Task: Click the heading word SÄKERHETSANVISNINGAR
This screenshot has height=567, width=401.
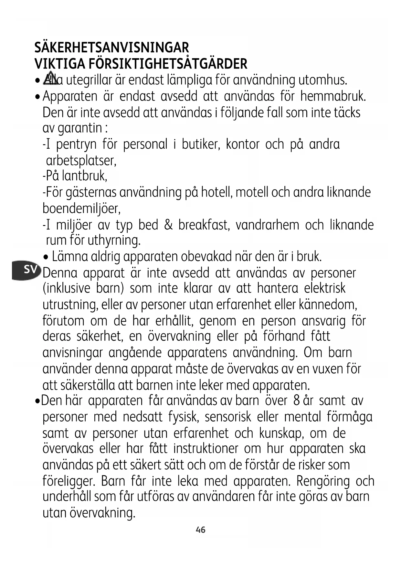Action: (x=111, y=48)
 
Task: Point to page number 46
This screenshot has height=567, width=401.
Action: (x=200, y=530)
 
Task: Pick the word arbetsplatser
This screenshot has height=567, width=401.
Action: (x=81, y=160)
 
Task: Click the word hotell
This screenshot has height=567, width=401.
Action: (x=216, y=192)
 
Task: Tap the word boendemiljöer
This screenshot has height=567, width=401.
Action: (x=81, y=209)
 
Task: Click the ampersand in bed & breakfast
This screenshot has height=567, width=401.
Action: (x=168, y=225)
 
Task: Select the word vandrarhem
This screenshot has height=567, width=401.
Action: (x=267, y=225)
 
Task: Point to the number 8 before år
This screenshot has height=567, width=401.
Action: (x=296, y=401)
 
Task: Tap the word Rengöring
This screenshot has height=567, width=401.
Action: (x=323, y=481)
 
